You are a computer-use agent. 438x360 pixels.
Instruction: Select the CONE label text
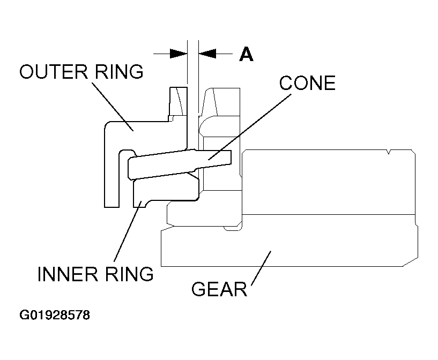(x=307, y=83)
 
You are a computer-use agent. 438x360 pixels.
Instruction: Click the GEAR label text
(x=219, y=289)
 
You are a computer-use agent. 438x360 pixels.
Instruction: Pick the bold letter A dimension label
(x=246, y=54)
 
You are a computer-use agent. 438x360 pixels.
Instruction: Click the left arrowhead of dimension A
(x=178, y=54)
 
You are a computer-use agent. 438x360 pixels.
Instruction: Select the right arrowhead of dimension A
(x=207, y=54)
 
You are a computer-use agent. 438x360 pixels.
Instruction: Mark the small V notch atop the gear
(x=388, y=154)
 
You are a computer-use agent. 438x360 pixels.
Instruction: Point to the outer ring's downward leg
(x=112, y=177)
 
